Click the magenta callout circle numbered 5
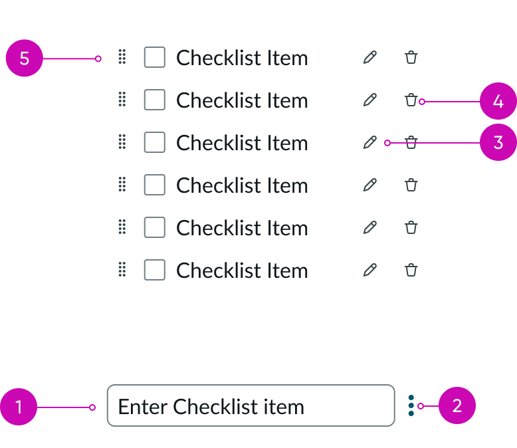click(x=24, y=58)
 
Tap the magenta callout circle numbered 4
click(x=498, y=102)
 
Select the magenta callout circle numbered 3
click(x=498, y=143)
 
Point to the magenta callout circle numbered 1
click(x=19, y=406)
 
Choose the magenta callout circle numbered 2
click(x=457, y=405)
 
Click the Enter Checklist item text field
click(x=251, y=405)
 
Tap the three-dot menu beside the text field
click(x=411, y=405)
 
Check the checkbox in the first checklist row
click(x=155, y=58)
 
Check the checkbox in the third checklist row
click(x=155, y=142)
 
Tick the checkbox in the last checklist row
click(x=155, y=270)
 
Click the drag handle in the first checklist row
click(x=122, y=58)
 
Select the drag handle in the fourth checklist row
click(x=122, y=185)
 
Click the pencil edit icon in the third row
click(x=370, y=142)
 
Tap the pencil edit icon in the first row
click(x=370, y=58)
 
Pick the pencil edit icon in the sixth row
click(x=370, y=270)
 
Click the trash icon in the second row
click(x=411, y=100)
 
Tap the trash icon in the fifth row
click(x=411, y=227)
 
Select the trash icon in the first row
click(x=411, y=58)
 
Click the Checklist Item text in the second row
click(x=242, y=101)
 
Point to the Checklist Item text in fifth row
click(x=242, y=228)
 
